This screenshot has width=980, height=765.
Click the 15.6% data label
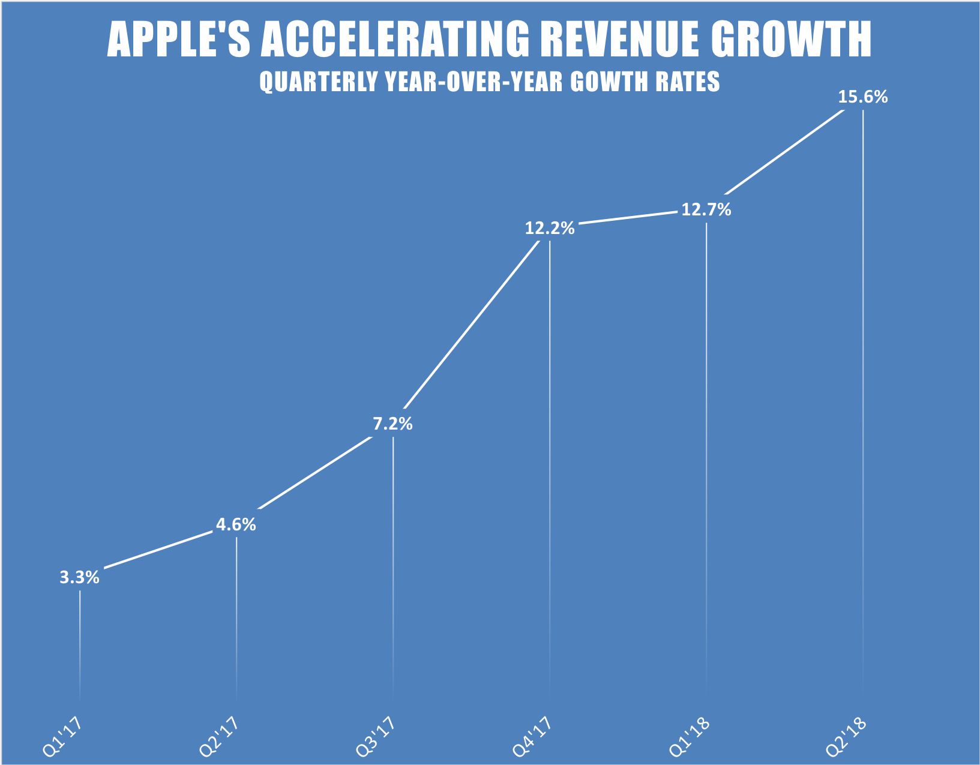862,97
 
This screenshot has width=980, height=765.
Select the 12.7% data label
706,210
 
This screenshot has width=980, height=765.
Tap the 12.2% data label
550,228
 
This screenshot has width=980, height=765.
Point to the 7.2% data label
393,424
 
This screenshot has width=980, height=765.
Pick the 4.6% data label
236,525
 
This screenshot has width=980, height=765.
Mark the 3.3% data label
79,578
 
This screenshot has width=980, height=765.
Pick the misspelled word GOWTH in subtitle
606,82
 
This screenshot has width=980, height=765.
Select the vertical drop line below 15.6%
863,390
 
